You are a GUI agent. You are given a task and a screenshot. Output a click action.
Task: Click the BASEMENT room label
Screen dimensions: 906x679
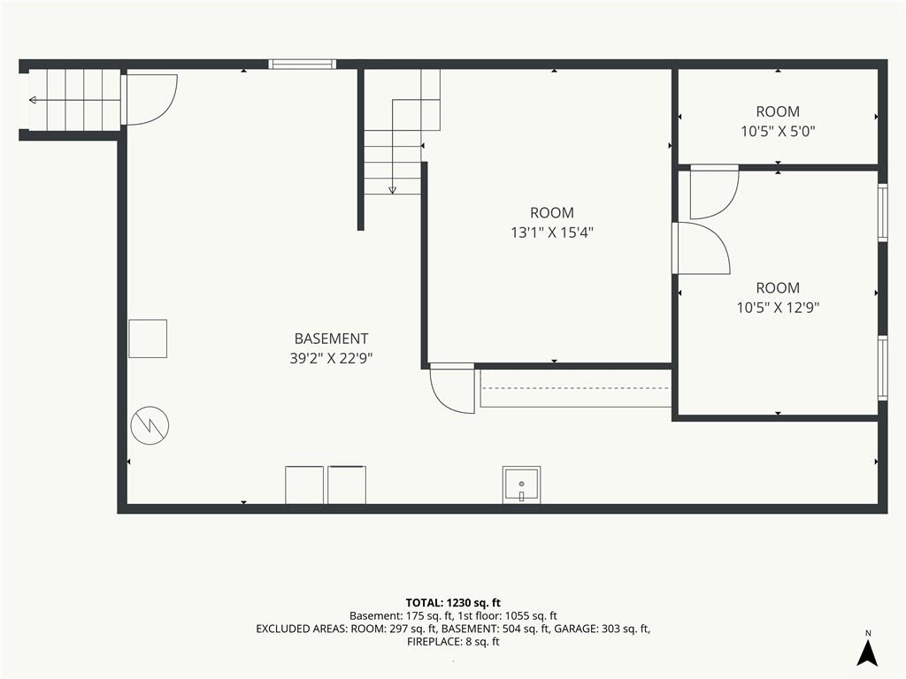coord(331,339)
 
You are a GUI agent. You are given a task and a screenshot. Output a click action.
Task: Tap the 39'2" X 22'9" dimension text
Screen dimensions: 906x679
coord(331,359)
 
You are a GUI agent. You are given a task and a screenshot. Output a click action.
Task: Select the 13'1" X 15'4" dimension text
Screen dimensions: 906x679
coord(552,233)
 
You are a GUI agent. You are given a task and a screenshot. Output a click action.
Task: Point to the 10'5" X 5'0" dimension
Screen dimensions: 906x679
coord(778,131)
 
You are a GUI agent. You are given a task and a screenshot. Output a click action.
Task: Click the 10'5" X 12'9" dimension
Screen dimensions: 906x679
coord(778,307)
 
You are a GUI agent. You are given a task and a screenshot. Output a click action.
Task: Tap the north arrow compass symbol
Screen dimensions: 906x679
coord(867,650)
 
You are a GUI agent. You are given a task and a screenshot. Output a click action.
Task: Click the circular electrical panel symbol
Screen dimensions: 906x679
coord(150,425)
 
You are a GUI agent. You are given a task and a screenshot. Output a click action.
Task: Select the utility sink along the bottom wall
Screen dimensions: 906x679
coord(521,484)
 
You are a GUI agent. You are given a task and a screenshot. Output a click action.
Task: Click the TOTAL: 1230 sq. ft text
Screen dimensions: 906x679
coord(453,603)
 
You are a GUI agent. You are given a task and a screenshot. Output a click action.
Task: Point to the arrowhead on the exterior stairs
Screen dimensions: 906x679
coord(33,101)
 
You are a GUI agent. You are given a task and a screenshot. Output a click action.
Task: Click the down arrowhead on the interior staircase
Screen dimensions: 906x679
coord(392,189)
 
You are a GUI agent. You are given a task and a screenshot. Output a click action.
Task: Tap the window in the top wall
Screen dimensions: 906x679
coord(303,64)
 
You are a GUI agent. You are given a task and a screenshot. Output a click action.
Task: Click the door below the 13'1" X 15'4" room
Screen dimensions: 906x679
coord(451,388)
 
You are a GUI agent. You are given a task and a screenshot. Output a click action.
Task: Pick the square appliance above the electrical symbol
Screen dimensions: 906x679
coord(148,339)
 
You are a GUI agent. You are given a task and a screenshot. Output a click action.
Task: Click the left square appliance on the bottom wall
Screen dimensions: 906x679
coord(304,484)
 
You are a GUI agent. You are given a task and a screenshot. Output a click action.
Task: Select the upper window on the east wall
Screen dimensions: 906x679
coord(882,212)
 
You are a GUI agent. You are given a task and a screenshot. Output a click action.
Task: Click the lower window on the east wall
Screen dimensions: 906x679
coord(882,368)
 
